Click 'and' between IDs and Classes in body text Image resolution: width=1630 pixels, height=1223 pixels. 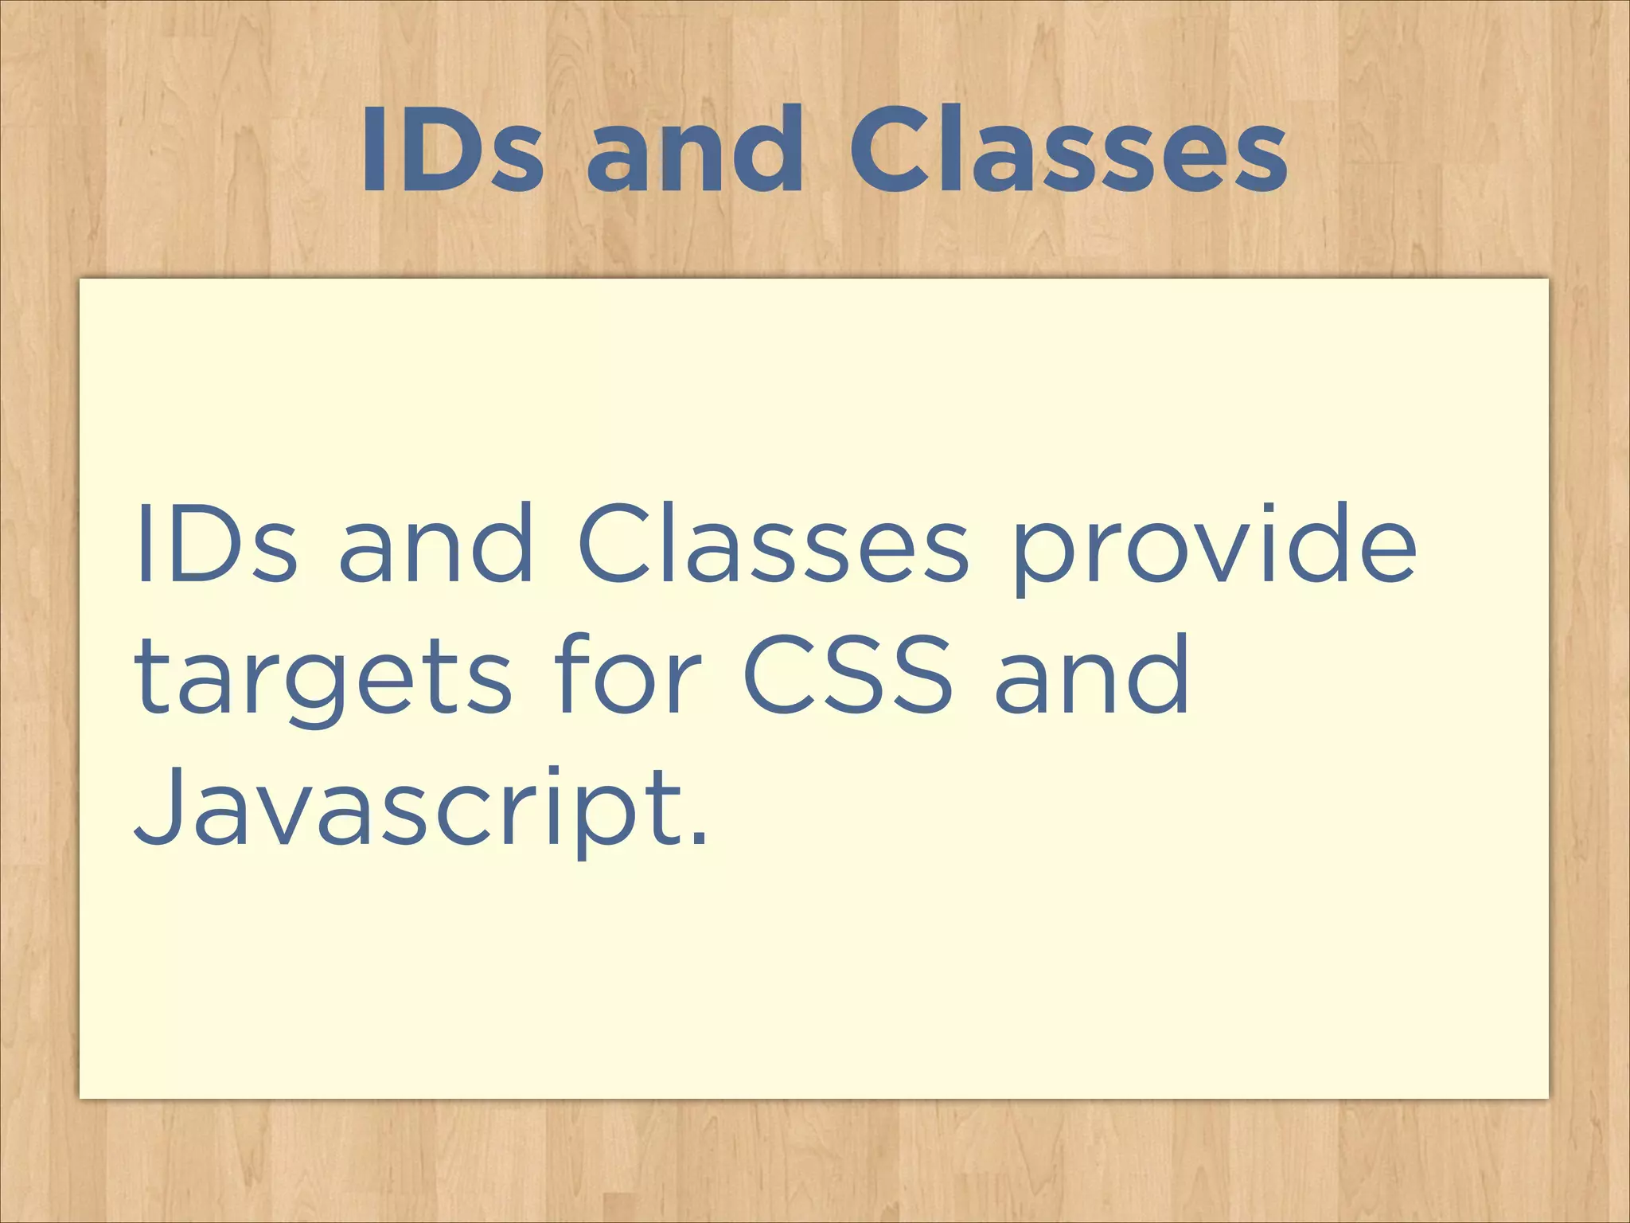tap(436, 545)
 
